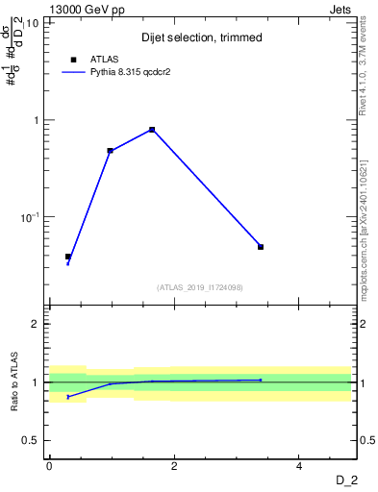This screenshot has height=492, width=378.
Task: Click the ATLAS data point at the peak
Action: coord(152,130)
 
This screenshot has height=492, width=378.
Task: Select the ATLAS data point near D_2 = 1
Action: coord(111,151)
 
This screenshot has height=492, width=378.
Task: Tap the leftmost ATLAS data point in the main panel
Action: coord(68,257)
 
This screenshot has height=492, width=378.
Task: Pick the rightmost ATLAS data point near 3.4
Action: coord(261,247)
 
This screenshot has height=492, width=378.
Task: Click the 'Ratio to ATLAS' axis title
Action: coord(13,381)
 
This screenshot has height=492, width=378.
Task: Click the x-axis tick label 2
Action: coord(174,465)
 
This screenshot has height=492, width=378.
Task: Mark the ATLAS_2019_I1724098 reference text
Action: coord(200,286)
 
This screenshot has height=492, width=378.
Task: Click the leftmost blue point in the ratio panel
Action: coord(68,396)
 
